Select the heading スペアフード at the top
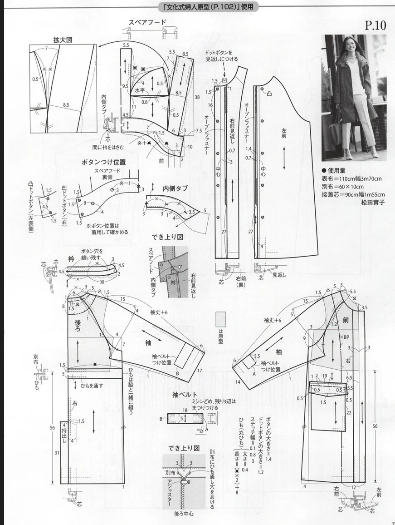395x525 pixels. click(x=148, y=22)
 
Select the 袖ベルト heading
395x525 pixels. click(x=185, y=395)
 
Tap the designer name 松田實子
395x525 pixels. click(x=372, y=203)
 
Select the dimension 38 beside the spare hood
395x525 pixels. click(x=198, y=97)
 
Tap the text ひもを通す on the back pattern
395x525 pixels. click(x=92, y=386)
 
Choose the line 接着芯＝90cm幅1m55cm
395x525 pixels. click(x=353, y=195)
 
